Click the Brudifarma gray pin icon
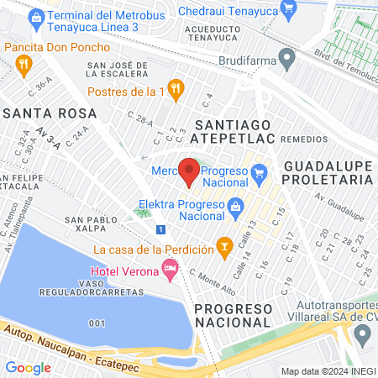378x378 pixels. [287, 60]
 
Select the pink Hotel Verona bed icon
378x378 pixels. [171, 270]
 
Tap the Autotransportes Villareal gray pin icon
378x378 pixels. [362, 333]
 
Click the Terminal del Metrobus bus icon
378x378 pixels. [35, 16]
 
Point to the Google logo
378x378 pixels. [28, 367]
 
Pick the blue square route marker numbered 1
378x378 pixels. [160, 228]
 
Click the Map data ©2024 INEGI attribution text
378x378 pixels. [327, 371]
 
